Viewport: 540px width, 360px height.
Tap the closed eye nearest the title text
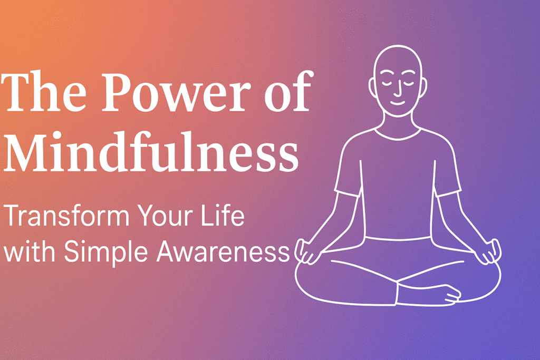pos(389,82)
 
